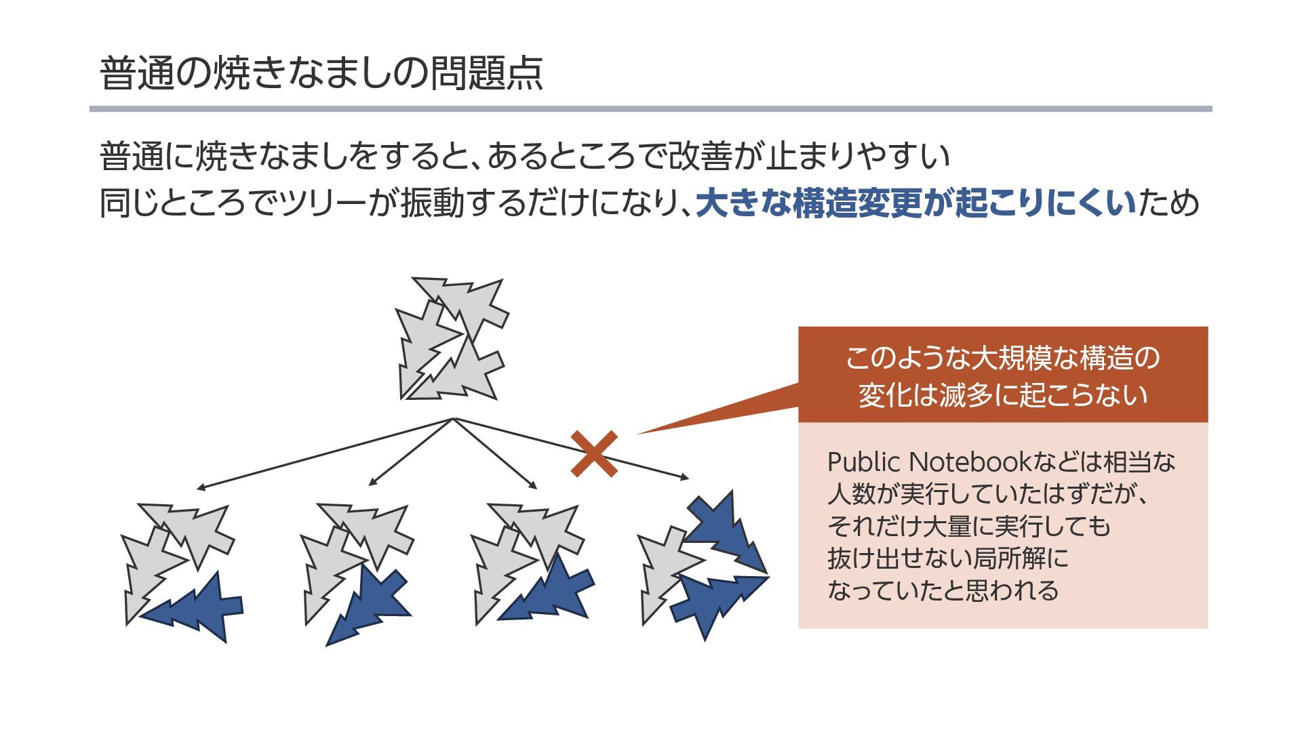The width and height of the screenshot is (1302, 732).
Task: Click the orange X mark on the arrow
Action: coord(594,453)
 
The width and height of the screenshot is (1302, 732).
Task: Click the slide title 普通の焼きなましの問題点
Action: coord(321,73)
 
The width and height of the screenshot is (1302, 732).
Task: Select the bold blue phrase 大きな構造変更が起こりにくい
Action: coord(915,203)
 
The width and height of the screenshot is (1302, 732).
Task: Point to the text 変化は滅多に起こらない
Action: coord(1002,395)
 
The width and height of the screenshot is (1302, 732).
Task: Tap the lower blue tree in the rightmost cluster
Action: coord(715,600)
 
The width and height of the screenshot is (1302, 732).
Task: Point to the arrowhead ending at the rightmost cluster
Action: coord(685,478)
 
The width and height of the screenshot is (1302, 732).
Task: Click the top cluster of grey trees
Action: coord(451,339)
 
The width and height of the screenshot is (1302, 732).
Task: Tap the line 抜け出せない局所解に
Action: coord(947,558)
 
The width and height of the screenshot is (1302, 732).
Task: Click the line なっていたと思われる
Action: coord(943,590)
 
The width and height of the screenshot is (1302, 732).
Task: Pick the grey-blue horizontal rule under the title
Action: coord(650,108)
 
